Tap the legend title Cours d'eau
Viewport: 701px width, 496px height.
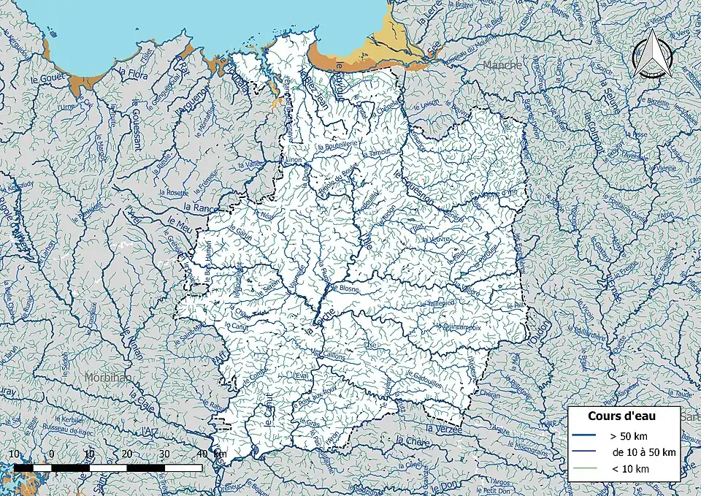pos(621,416)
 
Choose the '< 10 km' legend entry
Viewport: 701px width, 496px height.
pos(630,469)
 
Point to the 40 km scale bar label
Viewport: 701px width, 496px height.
pos(203,454)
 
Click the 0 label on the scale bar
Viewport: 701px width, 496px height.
pos(52,454)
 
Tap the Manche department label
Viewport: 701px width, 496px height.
pos(503,65)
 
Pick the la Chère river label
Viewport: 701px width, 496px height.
pos(411,442)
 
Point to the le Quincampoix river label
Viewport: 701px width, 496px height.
pos(459,327)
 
